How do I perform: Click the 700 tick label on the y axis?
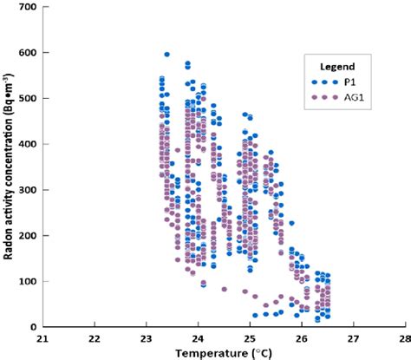click(x=29, y=7)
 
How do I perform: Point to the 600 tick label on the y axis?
click(x=29, y=53)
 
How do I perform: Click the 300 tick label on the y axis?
click(x=29, y=190)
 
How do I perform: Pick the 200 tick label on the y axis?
click(x=29, y=235)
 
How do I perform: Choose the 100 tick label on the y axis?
click(x=29, y=281)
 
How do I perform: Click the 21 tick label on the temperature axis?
click(x=43, y=339)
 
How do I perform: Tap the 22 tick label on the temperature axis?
click(x=95, y=339)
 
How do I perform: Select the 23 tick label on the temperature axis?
click(x=147, y=339)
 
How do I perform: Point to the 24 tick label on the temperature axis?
click(x=198, y=339)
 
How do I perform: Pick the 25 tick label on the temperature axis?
click(x=250, y=339)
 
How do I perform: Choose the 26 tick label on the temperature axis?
click(x=302, y=339)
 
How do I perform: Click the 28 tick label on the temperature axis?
click(x=404, y=339)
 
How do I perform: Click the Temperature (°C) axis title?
click(x=224, y=353)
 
